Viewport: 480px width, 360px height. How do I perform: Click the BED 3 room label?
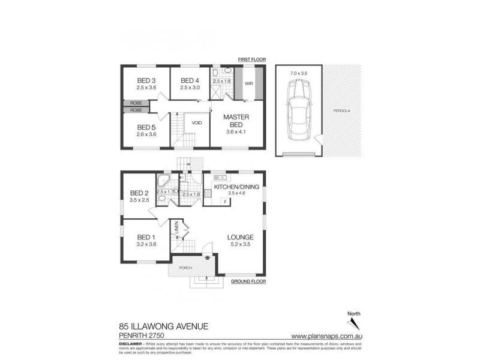tap(146, 81)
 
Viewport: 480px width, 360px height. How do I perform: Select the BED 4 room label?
tap(190, 81)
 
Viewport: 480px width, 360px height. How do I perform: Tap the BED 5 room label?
tap(146, 127)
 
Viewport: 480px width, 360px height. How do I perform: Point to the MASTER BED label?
tap(236, 120)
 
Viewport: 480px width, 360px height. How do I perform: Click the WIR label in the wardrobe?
tap(248, 84)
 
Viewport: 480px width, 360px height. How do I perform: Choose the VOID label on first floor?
tap(197, 122)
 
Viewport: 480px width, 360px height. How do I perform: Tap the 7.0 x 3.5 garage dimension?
tap(298, 73)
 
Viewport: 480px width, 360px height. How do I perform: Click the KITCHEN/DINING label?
tap(237, 187)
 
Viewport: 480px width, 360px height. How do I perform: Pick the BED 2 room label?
tap(139, 193)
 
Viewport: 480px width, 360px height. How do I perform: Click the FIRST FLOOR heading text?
tap(251, 60)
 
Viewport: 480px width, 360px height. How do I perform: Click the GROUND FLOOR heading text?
tap(248, 281)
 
